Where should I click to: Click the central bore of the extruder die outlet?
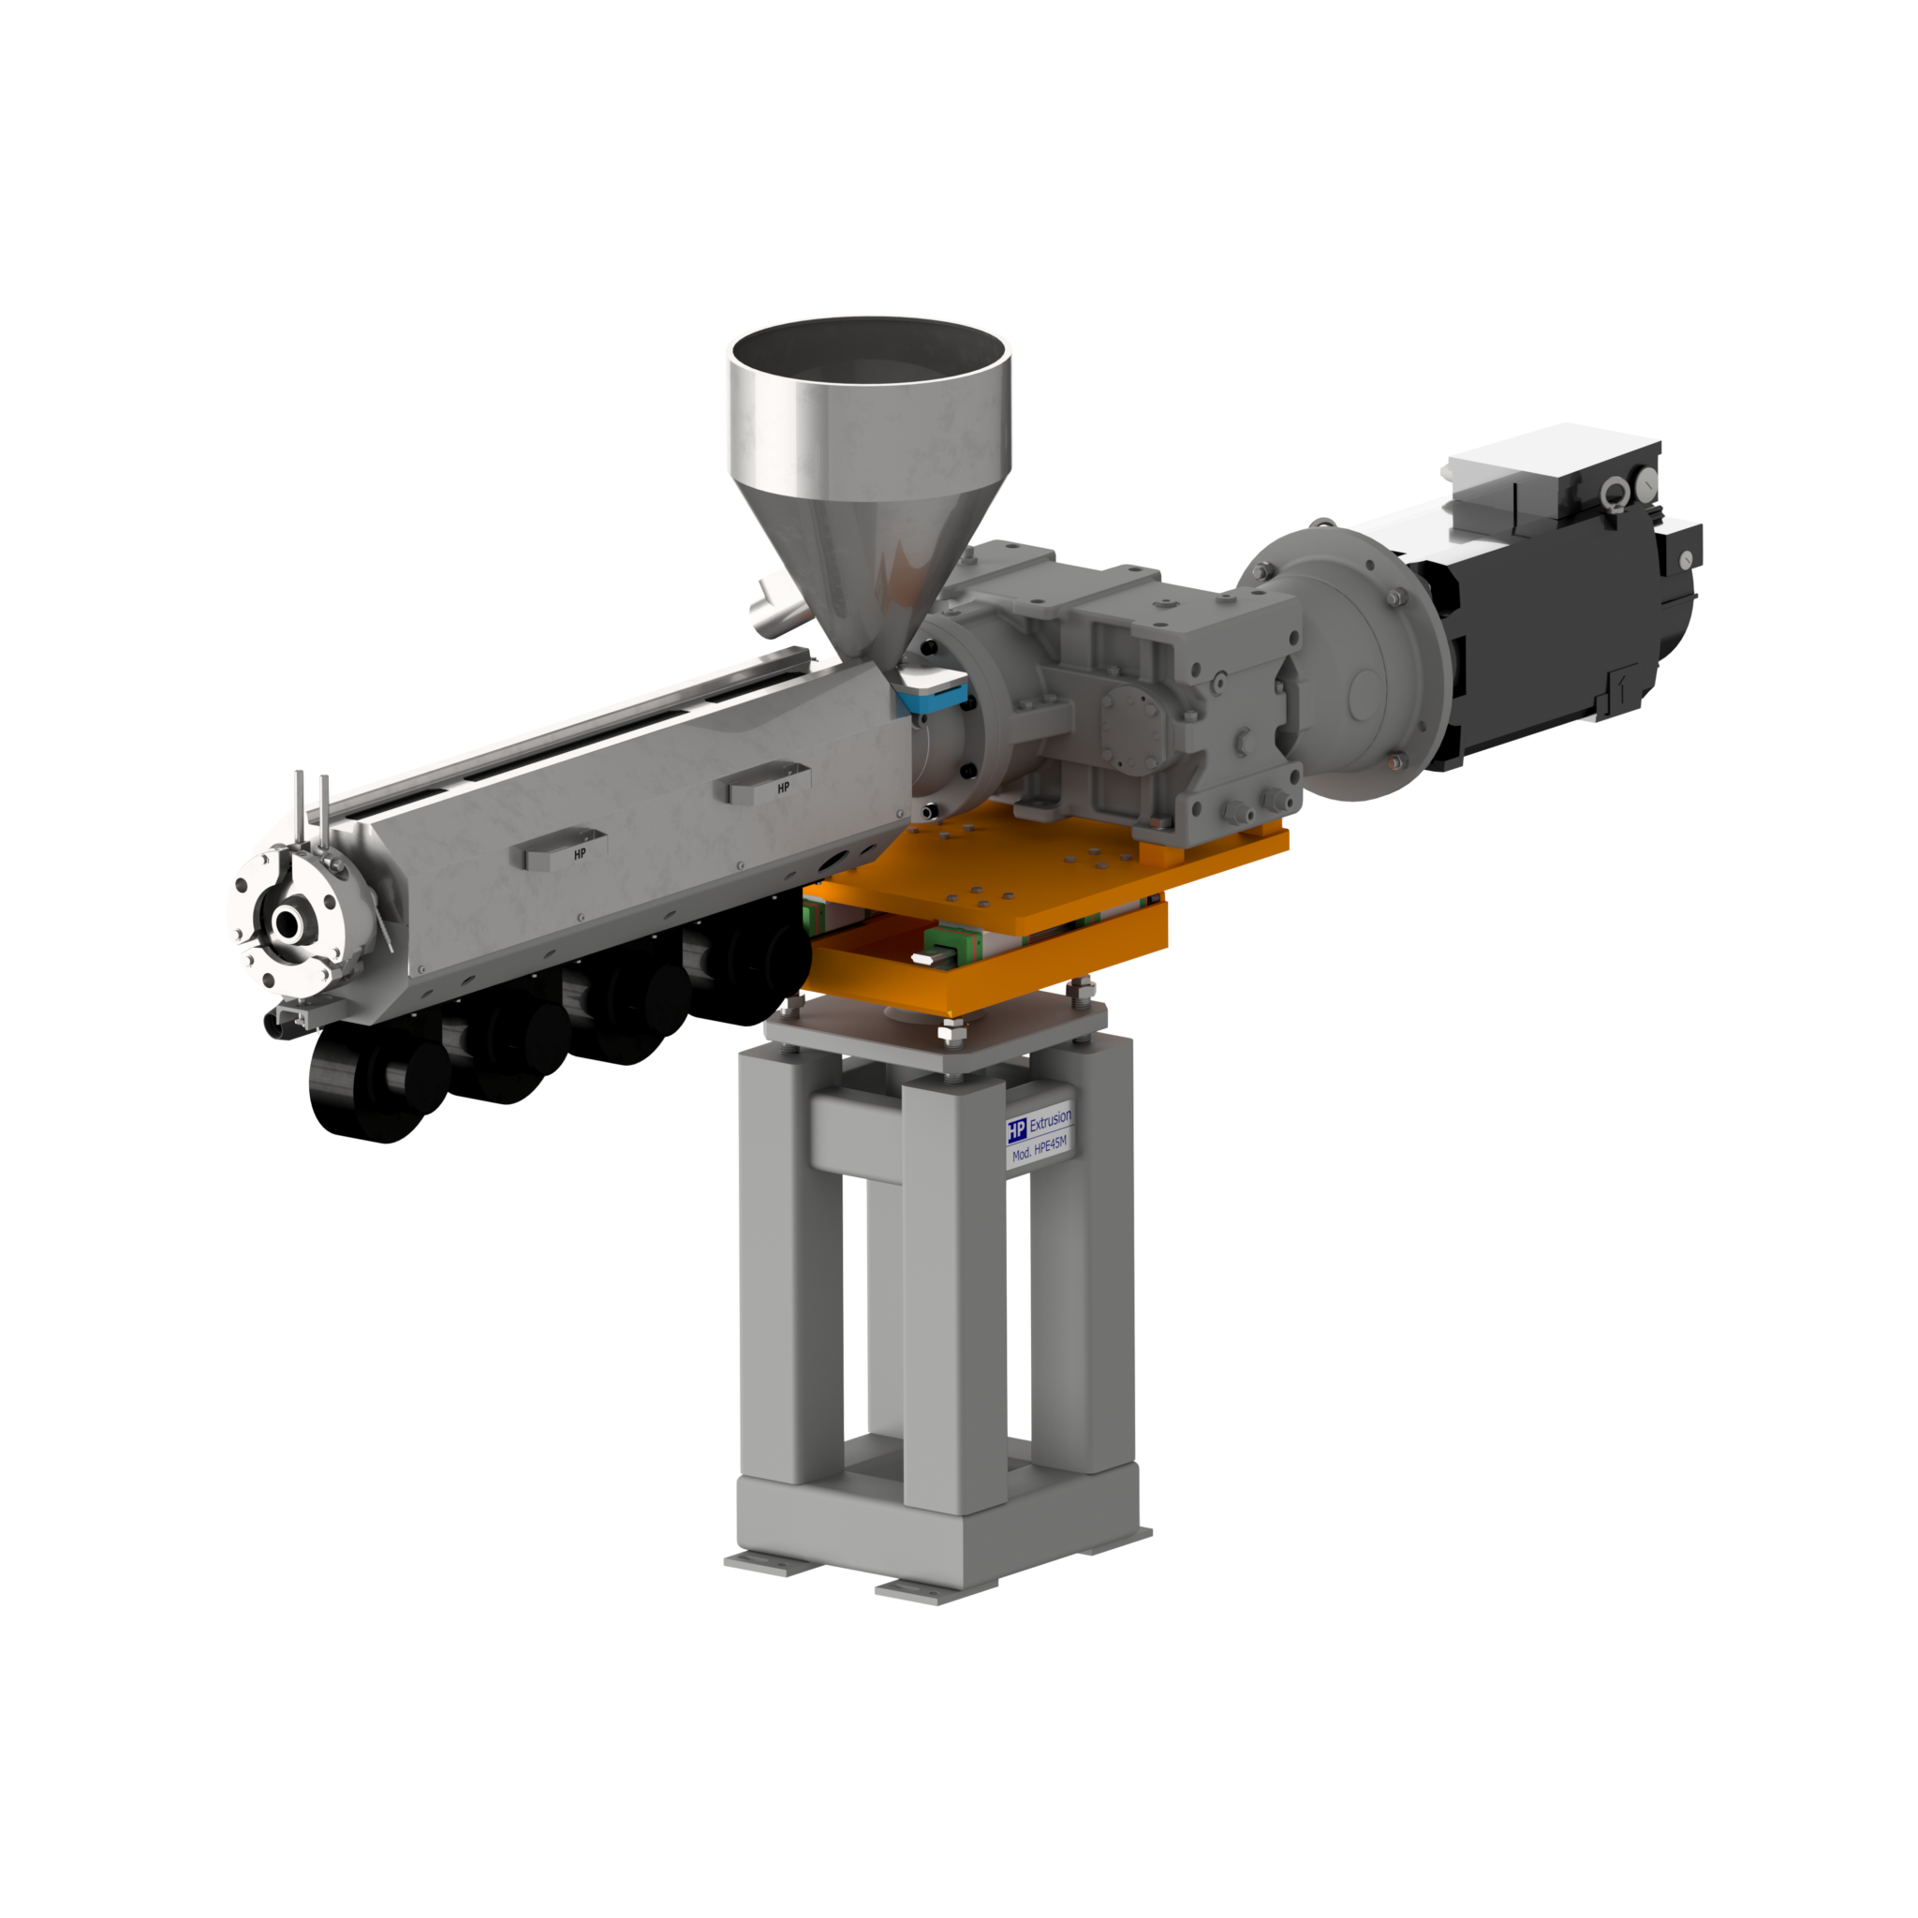[288, 923]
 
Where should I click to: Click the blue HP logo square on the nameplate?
[1016, 1129]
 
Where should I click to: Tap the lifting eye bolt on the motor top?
[1614, 491]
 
